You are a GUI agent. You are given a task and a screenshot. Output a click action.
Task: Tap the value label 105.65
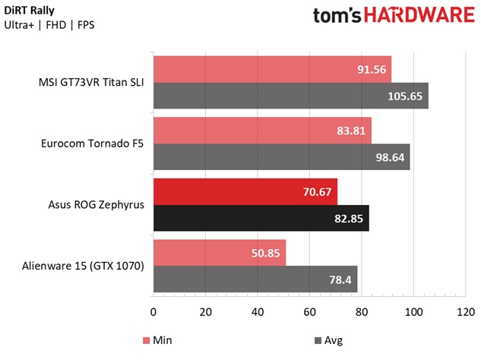(406, 96)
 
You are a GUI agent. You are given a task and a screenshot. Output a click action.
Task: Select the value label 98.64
(390, 157)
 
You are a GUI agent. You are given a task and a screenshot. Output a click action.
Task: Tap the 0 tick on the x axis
(153, 312)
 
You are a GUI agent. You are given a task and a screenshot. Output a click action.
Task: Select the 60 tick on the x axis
(309, 312)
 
